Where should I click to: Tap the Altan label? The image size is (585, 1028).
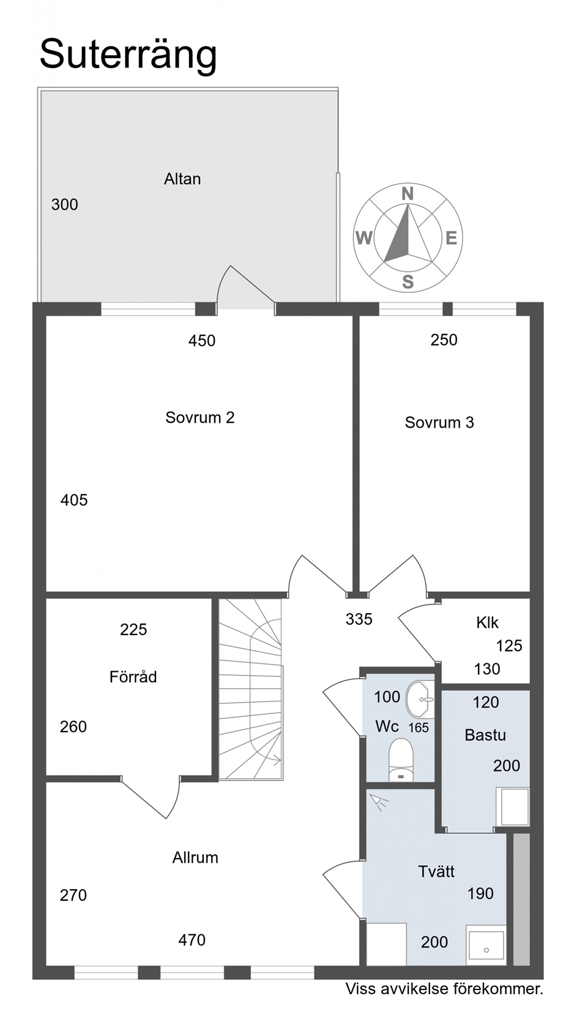[x=182, y=179]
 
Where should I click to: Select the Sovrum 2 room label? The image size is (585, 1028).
[x=199, y=417]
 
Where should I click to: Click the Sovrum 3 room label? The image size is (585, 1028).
[x=439, y=422]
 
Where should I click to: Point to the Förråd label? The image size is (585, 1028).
[x=133, y=677]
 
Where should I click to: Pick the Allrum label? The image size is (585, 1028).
[x=195, y=857]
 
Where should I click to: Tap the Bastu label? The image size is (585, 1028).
[x=485, y=735]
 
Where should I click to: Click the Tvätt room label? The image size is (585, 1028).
[x=436, y=871]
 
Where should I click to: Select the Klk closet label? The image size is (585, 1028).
[x=487, y=622]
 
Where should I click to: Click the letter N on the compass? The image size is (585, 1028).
[x=408, y=194]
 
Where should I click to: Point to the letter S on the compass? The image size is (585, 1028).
[x=408, y=281]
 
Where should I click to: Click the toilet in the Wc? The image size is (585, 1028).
[x=401, y=759]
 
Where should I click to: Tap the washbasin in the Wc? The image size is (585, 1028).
[x=420, y=699]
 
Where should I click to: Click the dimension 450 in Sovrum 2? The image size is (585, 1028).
[x=202, y=340]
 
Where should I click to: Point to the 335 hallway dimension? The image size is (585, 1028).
[x=359, y=619]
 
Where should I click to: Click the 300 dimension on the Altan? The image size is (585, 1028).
[x=65, y=204]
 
